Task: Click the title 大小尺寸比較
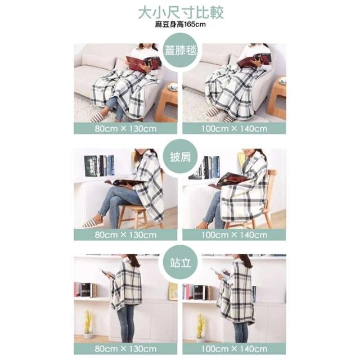[181, 12]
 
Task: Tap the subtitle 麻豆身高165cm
[180, 24]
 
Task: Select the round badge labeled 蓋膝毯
[180, 51]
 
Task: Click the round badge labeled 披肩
[180, 156]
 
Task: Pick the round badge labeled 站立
[180, 263]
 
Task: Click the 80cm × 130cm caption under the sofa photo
[125, 128]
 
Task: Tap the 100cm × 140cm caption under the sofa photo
[234, 128]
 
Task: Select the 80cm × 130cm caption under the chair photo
[125, 235]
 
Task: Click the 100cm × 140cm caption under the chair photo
[234, 235]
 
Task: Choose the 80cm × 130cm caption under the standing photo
[125, 349]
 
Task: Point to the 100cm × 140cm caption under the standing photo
[234, 349]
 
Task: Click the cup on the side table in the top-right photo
[282, 80]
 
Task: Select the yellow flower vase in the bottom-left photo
[89, 324]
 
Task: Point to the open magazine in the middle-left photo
[125, 182]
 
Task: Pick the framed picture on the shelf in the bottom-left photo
[173, 291]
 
